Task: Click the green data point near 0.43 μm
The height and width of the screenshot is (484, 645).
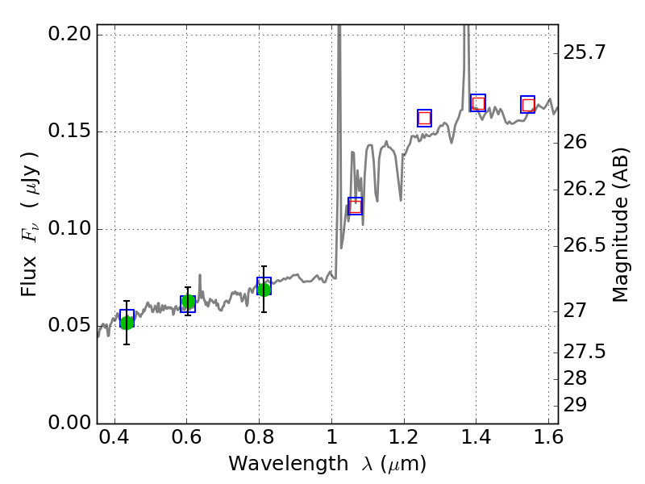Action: [x=127, y=323]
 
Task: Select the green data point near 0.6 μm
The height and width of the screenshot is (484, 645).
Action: [x=188, y=302]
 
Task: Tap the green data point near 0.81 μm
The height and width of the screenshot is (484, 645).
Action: [x=264, y=289]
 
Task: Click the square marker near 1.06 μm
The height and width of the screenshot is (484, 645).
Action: [x=355, y=207]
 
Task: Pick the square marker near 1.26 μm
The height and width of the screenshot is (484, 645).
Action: [x=424, y=118]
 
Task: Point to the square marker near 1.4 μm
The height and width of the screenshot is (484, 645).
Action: [x=478, y=103]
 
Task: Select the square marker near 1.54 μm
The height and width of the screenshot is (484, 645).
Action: [x=528, y=105]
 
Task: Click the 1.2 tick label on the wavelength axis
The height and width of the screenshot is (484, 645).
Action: [x=403, y=440]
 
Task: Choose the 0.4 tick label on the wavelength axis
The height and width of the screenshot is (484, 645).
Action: [x=114, y=440]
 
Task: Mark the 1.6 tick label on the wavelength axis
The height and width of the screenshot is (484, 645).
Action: [x=547, y=440]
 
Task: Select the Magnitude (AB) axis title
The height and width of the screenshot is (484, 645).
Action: [x=621, y=224]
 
